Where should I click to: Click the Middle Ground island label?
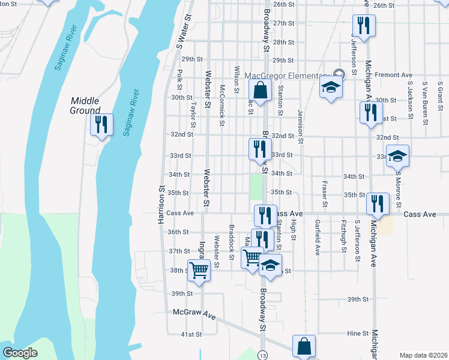tap(85, 106)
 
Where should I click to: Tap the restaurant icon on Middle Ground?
tap(101, 125)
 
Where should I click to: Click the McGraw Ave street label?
tap(193, 313)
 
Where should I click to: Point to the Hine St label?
tap(357, 333)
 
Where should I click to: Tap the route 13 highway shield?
tap(263, 355)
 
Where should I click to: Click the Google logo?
tap(20, 353)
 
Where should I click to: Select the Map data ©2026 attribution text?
tap(423, 355)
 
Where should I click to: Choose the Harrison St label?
tap(161, 205)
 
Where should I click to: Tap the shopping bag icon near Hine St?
tap(304, 346)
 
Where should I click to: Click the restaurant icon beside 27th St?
tap(364, 26)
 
